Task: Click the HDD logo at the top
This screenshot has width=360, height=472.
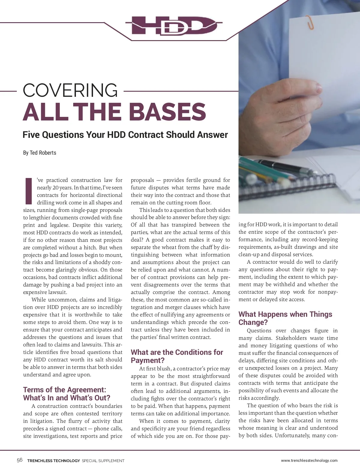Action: [174, 25]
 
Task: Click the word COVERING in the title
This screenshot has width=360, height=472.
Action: [70, 90]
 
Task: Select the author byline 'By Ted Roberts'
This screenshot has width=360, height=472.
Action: [40, 153]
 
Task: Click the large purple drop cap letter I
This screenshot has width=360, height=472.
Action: [29, 191]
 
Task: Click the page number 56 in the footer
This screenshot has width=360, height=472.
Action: [19, 460]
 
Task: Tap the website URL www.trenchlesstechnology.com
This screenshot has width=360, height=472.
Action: [309, 461]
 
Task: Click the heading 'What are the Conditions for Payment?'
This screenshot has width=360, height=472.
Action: [177, 356]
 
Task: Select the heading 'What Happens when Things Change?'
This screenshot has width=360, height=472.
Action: [285, 318]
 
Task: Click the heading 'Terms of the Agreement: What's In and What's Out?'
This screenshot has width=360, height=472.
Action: [67, 394]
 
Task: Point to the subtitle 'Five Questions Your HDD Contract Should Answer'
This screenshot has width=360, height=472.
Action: [125, 135]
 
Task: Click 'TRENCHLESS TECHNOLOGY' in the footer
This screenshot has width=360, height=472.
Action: [53, 461]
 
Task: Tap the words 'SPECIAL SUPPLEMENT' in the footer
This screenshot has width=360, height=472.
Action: [103, 461]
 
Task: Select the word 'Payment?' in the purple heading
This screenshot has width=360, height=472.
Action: [148, 360]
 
